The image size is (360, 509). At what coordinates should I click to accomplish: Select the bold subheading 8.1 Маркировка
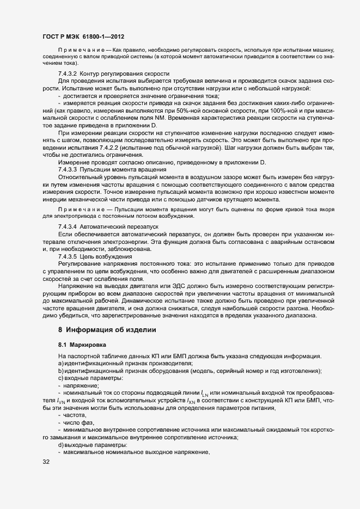click(83, 345)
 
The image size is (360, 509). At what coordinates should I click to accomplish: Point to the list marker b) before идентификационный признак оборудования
click(60, 371)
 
